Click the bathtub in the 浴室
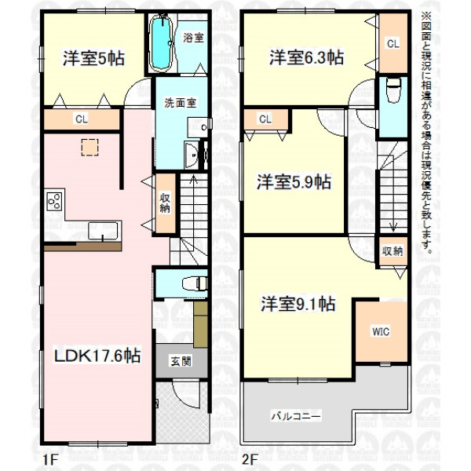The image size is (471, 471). point(162,42)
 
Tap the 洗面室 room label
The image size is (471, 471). point(180,103)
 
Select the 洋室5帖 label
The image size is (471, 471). point(93,58)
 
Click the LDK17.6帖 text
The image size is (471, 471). point(97,356)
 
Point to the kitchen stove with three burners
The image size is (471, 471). point(54,201)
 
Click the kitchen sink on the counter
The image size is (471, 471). point(103,231)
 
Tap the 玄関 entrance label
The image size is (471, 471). point(181,361)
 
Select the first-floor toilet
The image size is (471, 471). point(195,283)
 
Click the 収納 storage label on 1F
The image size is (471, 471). point(165,203)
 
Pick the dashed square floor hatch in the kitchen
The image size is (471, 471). point(89,148)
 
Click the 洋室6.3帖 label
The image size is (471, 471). point(306,57)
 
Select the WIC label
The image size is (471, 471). point(381,332)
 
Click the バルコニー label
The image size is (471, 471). point(296,417)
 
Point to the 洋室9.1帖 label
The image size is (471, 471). point(298,304)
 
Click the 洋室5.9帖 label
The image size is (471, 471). point(294,182)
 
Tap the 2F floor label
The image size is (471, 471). point(250,459)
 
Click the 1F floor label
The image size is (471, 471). point(49,459)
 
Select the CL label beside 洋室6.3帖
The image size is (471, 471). point(393,44)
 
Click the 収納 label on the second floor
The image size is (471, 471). point(393,251)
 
